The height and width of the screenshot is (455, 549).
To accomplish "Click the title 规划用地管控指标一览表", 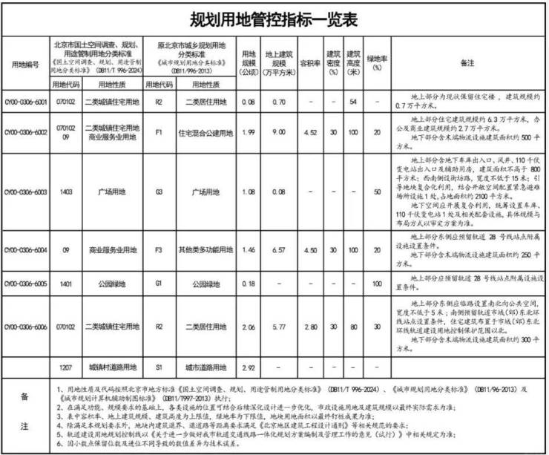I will [x=274, y=17].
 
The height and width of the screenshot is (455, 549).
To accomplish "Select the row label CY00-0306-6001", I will [x=26, y=100].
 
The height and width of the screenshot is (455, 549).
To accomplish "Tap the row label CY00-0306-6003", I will [x=26, y=192].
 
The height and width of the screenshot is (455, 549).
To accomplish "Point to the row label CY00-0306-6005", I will [x=26, y=284].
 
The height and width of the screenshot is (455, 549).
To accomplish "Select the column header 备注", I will [x=467, y=64].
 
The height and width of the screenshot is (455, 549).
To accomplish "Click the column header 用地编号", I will [x=24, y=64].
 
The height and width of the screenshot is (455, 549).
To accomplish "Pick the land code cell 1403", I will [x=62, y=192].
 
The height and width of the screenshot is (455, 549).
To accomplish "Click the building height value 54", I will [x=354, y=100].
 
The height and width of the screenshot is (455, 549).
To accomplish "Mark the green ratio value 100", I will [x=378, y=284].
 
